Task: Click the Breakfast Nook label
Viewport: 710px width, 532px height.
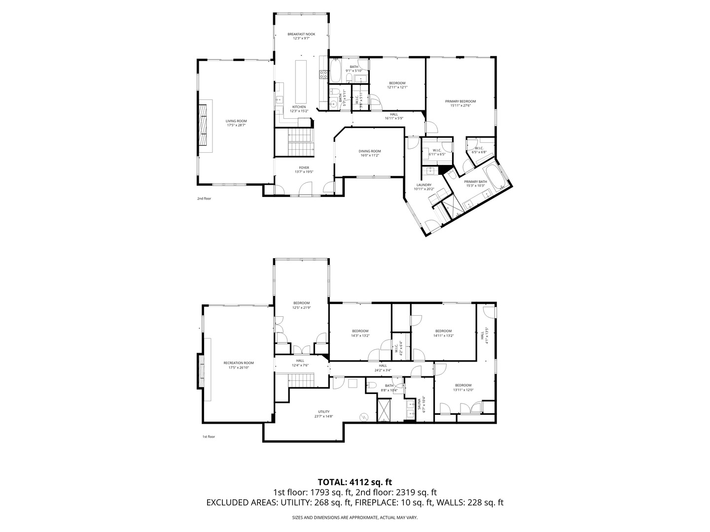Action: point(301,34)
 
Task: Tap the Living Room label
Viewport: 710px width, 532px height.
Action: point(236,121)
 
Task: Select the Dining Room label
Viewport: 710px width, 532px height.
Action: point(370,151)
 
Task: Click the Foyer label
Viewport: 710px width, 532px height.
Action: point(304,168)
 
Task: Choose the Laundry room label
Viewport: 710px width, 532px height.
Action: point(423,185)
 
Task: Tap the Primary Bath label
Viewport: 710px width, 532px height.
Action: point(476,182)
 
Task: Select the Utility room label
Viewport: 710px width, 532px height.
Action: point(323,412)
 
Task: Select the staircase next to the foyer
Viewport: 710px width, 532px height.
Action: point(300,141)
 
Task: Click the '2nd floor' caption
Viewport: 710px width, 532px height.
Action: point(204,199)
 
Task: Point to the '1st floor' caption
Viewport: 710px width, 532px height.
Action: point(209,436)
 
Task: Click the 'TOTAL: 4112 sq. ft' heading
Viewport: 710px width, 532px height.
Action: point(355,482)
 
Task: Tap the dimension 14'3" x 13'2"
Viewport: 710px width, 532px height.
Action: point(360,336)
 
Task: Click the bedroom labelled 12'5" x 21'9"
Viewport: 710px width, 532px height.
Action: point(301,303)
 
